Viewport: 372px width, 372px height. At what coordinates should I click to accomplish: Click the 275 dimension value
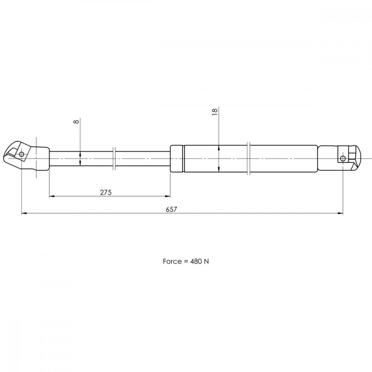pos(106,192)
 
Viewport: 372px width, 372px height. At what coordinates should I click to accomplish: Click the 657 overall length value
pos(171,209)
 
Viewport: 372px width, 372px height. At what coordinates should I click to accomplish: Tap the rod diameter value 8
pos(76,122)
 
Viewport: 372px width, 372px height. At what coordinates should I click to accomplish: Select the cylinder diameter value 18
pos(215,112)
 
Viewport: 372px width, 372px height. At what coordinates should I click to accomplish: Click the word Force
pos(172,262)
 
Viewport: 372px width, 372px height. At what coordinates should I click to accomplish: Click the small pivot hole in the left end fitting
pos(22,154)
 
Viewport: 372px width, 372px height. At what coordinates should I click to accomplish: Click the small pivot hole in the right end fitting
pos(343,158)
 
